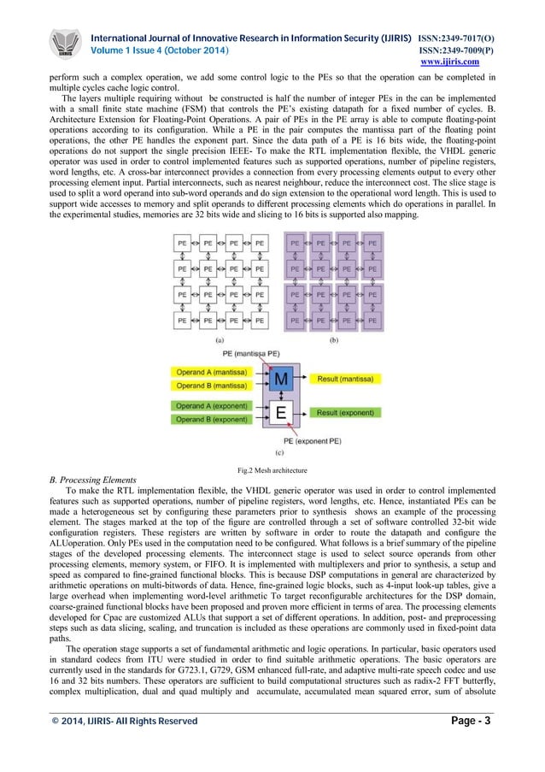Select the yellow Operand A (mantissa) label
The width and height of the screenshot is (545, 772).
point(213,373)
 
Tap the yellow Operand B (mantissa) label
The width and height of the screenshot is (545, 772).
point(213,386)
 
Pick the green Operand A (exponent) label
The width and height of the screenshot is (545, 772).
point(213,405)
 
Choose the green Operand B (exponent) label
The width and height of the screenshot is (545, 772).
point(213,419)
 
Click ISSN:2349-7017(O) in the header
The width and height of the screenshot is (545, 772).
point(454,38)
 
